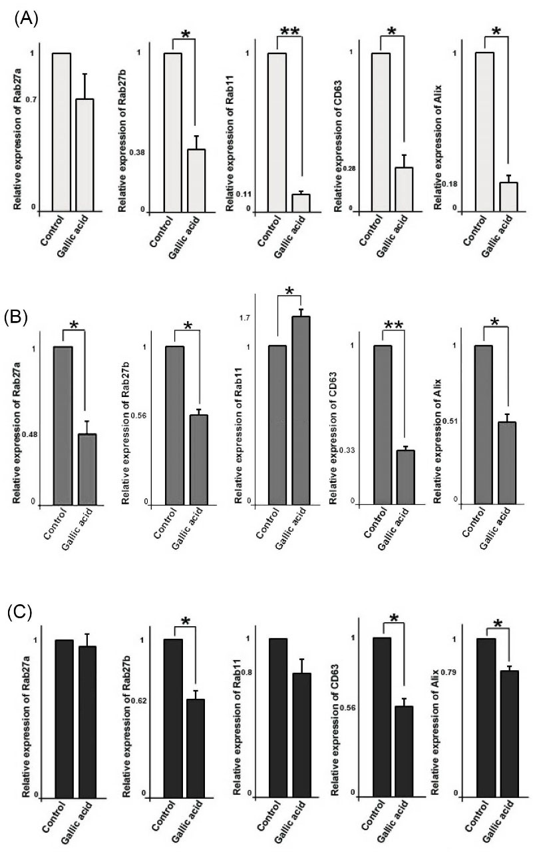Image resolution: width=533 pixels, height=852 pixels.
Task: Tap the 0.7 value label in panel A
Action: pyautogui.click(x=31, y=100)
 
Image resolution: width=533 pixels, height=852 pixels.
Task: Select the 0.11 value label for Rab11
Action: pyautogui.click(x=244, y=195)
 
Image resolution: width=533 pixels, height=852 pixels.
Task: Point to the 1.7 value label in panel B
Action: pyautogui.click(x=244, y=318)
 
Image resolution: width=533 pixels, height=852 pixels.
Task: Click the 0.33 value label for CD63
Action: pyautogui.click(x=347, y=451)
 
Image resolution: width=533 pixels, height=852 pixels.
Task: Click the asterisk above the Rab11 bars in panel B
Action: pyautogui.click(x=289, y=291)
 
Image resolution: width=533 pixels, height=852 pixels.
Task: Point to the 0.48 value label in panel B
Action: pyautogui.click(x=29, y=435)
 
